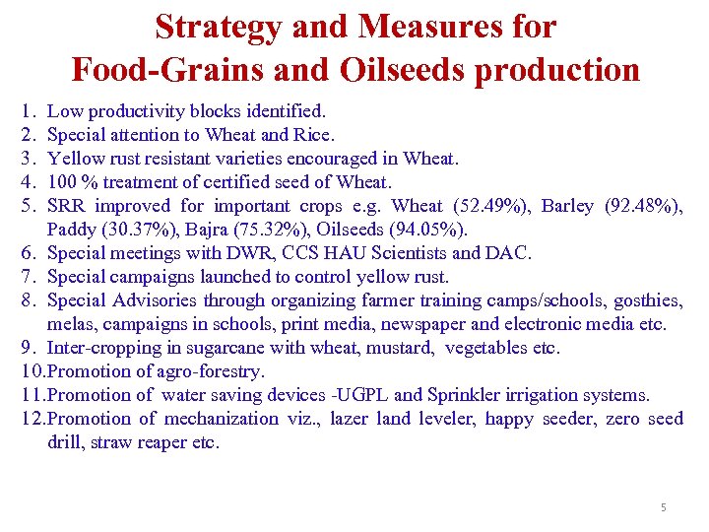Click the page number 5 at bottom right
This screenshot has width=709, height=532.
coord(663,507)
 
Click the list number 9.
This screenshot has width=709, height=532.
coord(26,348)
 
